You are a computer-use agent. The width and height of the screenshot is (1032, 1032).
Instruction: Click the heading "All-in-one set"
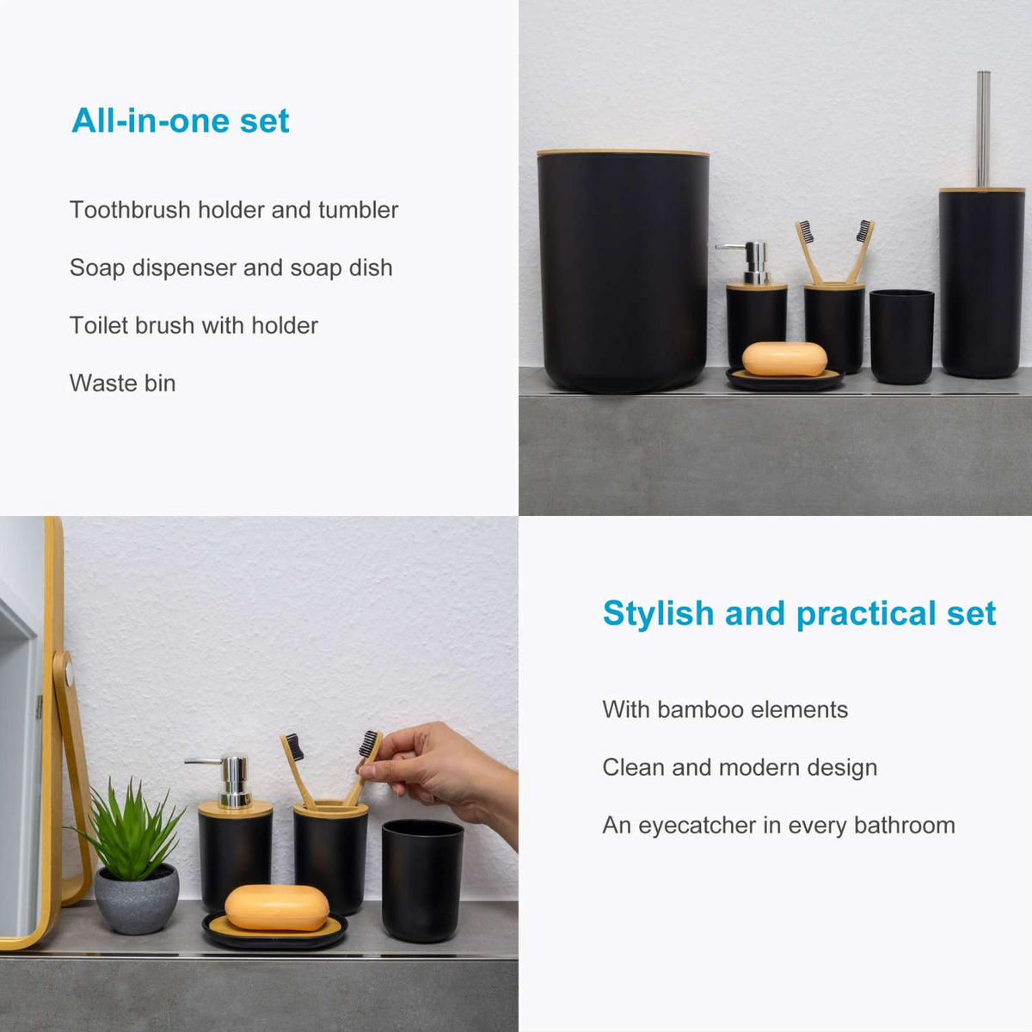(181, 120)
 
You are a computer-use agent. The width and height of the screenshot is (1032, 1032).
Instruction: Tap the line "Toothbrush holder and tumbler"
(234, 210)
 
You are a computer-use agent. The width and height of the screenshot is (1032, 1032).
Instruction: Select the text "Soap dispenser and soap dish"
(230, 267)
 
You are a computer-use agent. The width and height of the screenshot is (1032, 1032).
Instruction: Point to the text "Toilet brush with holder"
(193, 325)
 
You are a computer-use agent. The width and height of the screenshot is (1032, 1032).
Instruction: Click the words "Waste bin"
(122, 383)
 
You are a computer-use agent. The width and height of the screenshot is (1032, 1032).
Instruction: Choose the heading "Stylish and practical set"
(799, 613)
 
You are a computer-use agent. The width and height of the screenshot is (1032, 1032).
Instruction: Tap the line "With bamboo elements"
(725, 709)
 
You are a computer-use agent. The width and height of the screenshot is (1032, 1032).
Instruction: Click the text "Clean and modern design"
(740, 767)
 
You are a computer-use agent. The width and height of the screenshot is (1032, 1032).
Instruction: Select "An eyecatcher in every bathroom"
(778, 825)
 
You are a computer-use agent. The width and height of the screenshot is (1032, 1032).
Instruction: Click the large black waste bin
(623, 271)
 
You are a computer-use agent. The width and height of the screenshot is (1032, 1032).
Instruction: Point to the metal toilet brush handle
(984, 129)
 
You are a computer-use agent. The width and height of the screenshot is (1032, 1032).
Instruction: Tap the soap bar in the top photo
(784, 359)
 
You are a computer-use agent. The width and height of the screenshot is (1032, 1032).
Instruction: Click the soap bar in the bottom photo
(277, 907)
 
